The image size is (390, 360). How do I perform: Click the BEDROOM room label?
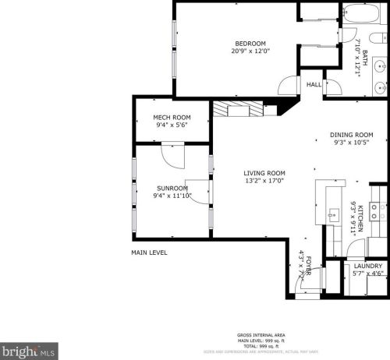click(x=250, y=43)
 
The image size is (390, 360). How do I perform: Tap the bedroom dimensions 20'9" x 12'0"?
click(x=250, y=51)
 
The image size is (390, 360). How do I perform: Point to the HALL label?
click(x=314, y=84)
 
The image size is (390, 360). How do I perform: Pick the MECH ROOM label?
click(x=172, y=117)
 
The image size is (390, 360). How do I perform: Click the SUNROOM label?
click(x=172, y=188)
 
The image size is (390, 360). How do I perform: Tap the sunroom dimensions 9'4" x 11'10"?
click(x=172, y=196)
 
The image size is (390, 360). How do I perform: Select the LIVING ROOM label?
click(x=264, y=173)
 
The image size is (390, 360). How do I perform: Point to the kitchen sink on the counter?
click(x=334, y=214)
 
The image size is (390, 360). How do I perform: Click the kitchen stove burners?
click(x=378, y=208)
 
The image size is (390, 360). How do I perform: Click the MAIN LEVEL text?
click(x=149, y=252)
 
